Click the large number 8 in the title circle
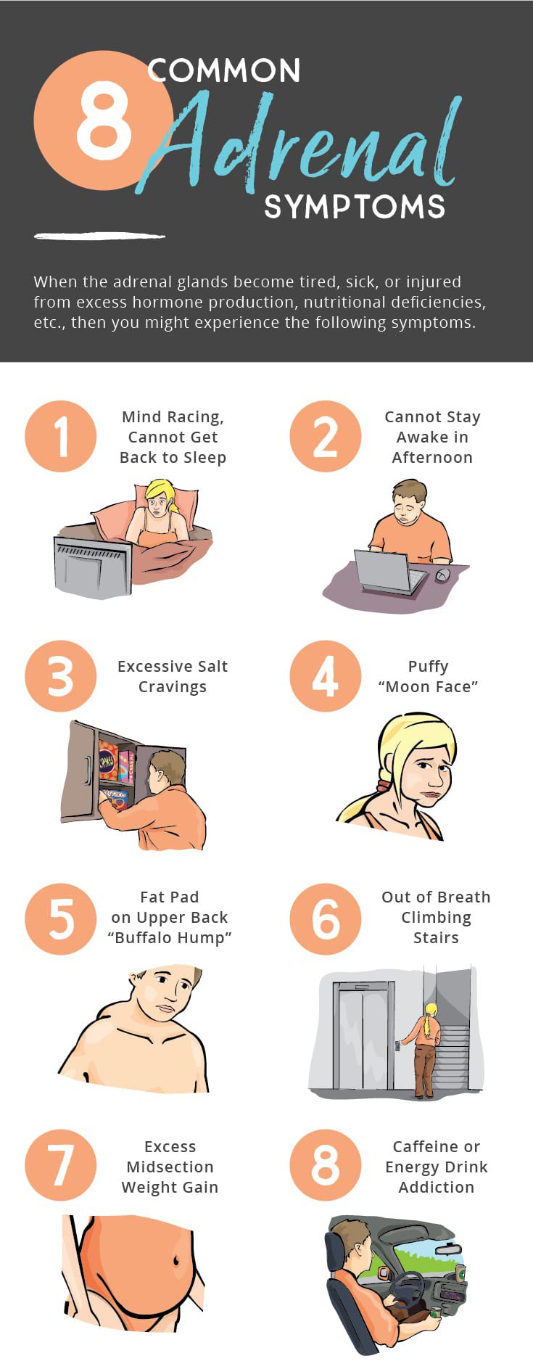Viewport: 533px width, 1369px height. [x=104, y=120]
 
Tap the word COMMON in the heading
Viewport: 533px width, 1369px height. [x=224, y=71]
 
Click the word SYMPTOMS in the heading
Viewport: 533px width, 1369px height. [x=355, y=207]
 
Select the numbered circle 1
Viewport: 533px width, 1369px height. [x=61, y=436]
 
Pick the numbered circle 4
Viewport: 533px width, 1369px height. [x=326, y=676]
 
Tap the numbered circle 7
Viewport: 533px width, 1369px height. [x=61, y=1165]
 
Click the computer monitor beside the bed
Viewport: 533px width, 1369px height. [x=93, y=568]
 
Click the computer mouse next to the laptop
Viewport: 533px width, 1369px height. [x=442, y=575]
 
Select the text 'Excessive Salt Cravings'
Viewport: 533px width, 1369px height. [x=173, y=676]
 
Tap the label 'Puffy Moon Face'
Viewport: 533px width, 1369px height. [x=428, y=676]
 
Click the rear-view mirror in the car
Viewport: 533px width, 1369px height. [x=448, y=1249]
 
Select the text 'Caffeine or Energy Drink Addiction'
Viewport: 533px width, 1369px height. [x=436, y=1167]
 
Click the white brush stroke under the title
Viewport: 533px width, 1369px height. [x=99, y=236]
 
